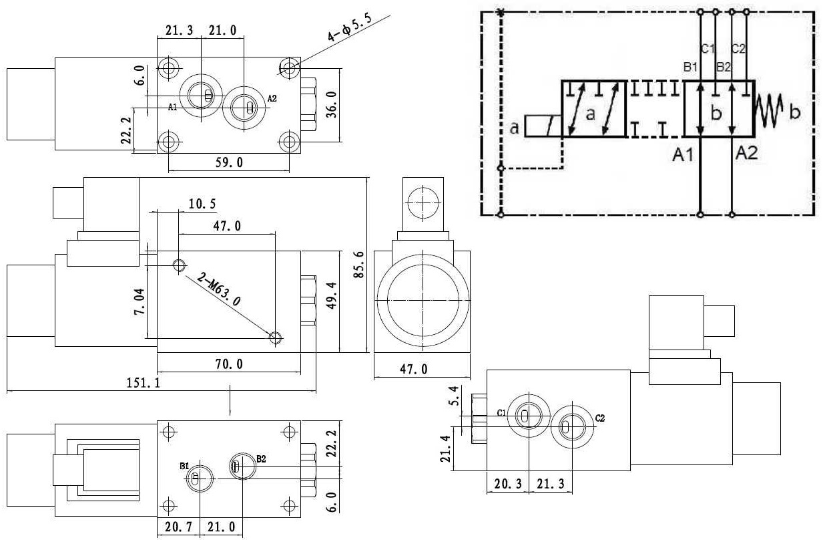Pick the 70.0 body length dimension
[x=229, y=364]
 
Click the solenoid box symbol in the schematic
[x=542, y=127]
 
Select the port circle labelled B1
[x=196, y=477]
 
